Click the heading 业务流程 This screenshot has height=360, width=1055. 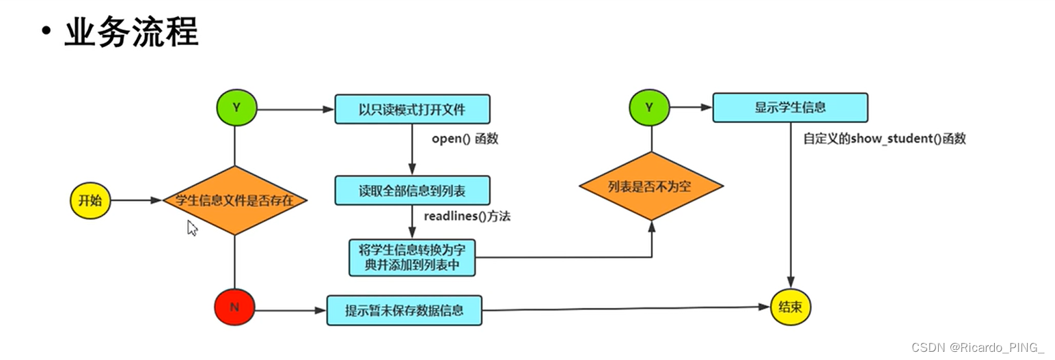click(x=131, y=32)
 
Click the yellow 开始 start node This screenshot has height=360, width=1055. click(x=90, y=200)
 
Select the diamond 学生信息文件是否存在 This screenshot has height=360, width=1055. click(x=234, y=200)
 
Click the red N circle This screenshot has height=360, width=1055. click(x=234, y=307)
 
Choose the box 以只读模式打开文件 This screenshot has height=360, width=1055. click(x=412, y=109)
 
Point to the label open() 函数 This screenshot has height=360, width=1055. click(x=465, y=139)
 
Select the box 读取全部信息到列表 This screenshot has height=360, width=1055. click(x=412, y=191)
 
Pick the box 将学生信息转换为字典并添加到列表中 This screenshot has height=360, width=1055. click(x=412, y=257)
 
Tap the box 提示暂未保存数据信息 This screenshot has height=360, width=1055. click(x=405, y=310)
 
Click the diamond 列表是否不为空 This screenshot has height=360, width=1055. click(x=650, y=186)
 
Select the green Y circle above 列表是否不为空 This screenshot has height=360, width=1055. click(x=650, y=107)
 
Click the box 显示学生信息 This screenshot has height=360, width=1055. click(x=790, y=107)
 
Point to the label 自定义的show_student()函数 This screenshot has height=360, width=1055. click(x=884, y=139)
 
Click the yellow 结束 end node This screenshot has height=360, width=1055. click(x=791, y=307)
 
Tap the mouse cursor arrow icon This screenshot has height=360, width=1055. click(x=192, y=227)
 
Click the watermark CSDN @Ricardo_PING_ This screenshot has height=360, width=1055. click(x=978, y=347)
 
